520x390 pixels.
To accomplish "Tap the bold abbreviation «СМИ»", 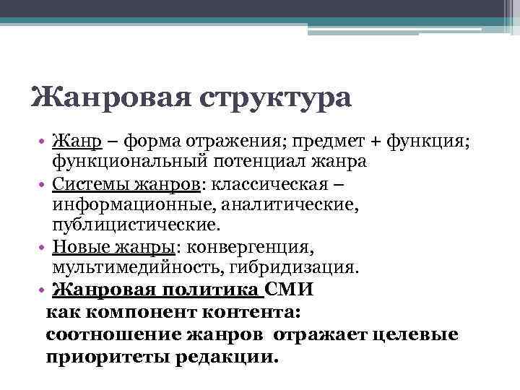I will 290,290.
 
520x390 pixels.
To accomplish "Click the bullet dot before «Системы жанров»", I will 44,185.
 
